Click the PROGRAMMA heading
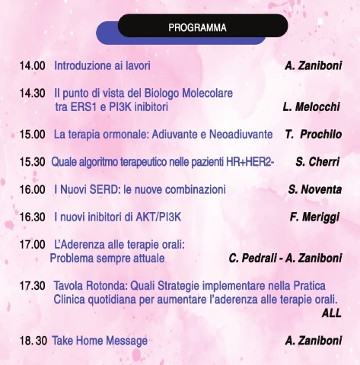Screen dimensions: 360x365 click(x=197, y=27)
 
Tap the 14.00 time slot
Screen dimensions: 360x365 click(x=33, y=66)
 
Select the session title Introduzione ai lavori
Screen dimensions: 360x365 click(x=102, y=65)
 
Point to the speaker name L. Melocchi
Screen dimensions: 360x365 click(x=311, y=107)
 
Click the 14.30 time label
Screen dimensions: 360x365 click(x=33, y=94)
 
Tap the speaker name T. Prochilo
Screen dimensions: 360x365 click(x=314, y=135)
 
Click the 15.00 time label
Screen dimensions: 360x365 click(x=33, y=135)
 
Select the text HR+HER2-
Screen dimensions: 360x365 click(x=250, y=162)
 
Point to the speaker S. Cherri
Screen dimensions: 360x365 click(x=317, y=162)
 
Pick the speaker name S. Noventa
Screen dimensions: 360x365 click(x=315, y=189)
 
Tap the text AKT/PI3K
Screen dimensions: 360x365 click(x=158, y=217)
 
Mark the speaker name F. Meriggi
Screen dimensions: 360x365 click(x=314, y=217)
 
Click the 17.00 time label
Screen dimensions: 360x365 click(x=33, y=245)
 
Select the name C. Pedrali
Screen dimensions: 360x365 click(x=253, y=259)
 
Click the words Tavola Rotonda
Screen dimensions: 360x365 click(x=91, y=286)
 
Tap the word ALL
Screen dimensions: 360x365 click(x=331, y=313)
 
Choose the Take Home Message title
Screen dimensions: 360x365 click(x=100, y=341)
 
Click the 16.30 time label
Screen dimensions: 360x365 click(x=33, y=217)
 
